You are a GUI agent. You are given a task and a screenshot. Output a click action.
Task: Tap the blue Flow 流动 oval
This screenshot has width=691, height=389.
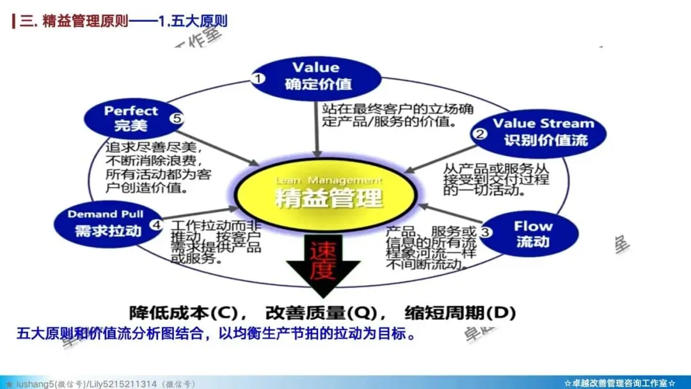pos(531,234)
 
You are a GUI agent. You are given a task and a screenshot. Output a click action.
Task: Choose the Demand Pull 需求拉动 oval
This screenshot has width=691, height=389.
pos(106,223)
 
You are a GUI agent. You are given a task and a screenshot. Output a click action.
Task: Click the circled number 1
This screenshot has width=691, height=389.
pos(258,78)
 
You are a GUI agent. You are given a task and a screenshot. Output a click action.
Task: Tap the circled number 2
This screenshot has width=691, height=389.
pos(479,134)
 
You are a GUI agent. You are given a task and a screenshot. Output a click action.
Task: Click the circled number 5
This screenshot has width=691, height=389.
pos(177,118)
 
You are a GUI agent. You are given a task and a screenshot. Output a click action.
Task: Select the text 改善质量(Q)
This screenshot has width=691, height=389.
pos(320,314)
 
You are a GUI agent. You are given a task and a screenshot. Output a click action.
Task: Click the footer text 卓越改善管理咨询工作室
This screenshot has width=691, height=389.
pos(619,383)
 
